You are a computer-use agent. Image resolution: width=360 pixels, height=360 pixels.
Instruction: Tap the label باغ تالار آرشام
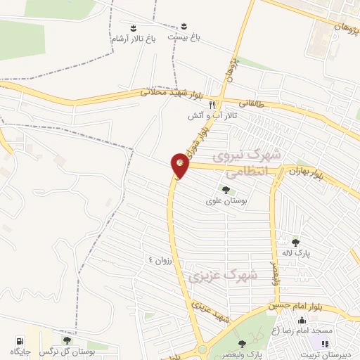pyautogui.click(x=132, y=39)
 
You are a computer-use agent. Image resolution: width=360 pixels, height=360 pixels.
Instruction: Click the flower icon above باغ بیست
pyautogui.click(x=185, y=27)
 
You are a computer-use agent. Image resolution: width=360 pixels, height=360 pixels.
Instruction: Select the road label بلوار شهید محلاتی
pyautogui.click(x=171, y=92)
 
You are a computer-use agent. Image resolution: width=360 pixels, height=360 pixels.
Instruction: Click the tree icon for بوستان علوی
pyautogui.click(x=226, y=190)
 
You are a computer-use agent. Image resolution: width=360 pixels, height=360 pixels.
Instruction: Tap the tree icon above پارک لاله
pyautogui.click(x=296, y=241)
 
